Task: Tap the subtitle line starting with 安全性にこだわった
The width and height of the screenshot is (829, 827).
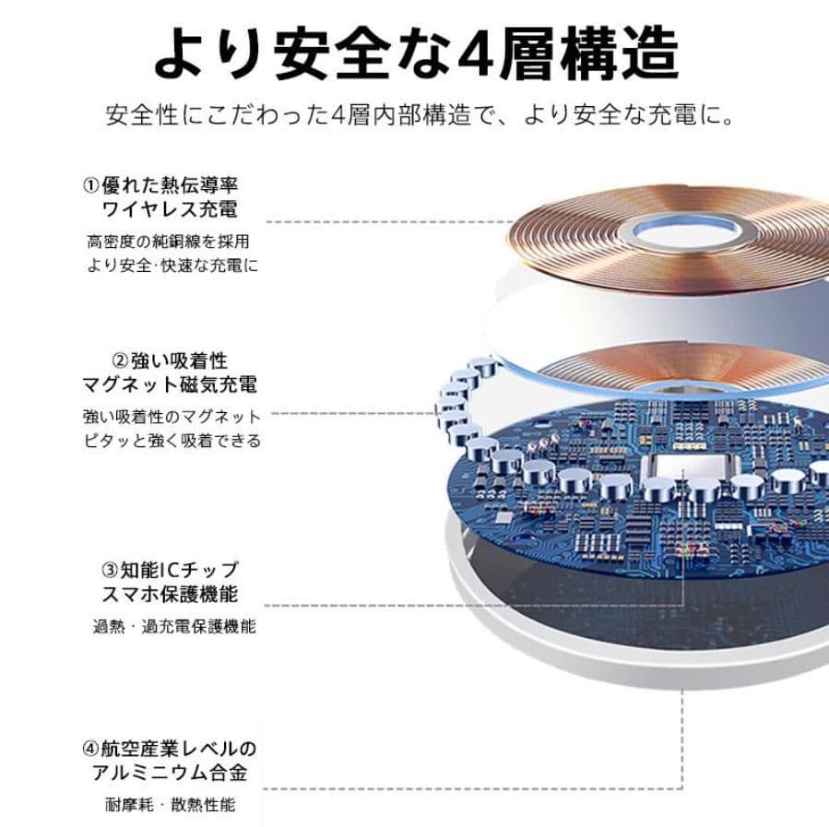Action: (x=420, y=117)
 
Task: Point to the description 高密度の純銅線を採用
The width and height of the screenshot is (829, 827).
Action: (x=168, y=242)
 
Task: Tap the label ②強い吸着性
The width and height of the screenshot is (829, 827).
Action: (x=169, y=359)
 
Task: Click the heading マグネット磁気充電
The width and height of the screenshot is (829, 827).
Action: (x=169, y=384)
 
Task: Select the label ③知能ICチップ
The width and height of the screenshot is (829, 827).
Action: (x=168, y=569)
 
